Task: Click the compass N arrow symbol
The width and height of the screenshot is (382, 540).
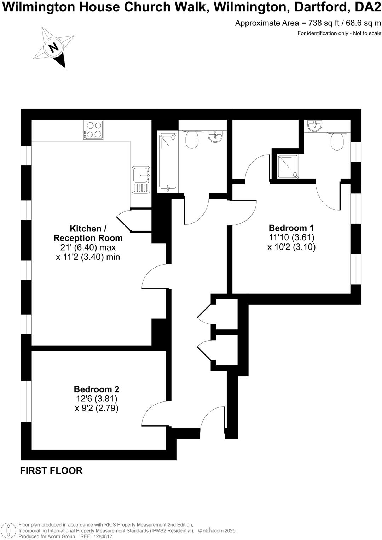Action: pos(54,47)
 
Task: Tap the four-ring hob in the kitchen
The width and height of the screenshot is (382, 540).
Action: pos(93,130)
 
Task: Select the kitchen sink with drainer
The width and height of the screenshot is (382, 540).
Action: pos(141,180)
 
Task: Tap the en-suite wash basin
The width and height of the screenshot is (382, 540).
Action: pos(314,125)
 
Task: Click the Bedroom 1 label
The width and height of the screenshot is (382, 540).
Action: pos(291,228)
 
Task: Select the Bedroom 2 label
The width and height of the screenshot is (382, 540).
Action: pos(97,389)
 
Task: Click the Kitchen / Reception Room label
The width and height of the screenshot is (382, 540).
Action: pos(88,233)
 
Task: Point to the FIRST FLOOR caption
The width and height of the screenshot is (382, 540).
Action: pos(51,471)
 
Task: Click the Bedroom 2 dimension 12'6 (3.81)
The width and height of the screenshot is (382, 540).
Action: pos(97,399)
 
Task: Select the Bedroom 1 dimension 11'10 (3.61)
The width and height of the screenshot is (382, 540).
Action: pos(291,237)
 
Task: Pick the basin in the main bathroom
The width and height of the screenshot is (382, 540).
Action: pos(215,136)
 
